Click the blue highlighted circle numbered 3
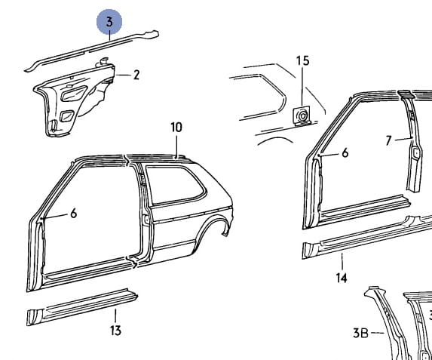(109, 22)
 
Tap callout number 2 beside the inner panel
(136, 75)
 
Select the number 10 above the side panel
(176, 128)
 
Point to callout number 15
(302, 60)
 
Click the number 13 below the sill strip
(115, 331)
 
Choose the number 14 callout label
(342, 278)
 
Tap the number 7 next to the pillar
(388, 140)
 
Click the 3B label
(360, 333)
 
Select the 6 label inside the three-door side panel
(74, 214)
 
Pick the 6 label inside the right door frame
(345, 152)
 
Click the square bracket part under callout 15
(302, 116)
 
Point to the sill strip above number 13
(82, 306)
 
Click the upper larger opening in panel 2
(75, 93)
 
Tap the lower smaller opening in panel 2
(67, 115)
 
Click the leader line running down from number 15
(302, 86)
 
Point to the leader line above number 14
(342, 262)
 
